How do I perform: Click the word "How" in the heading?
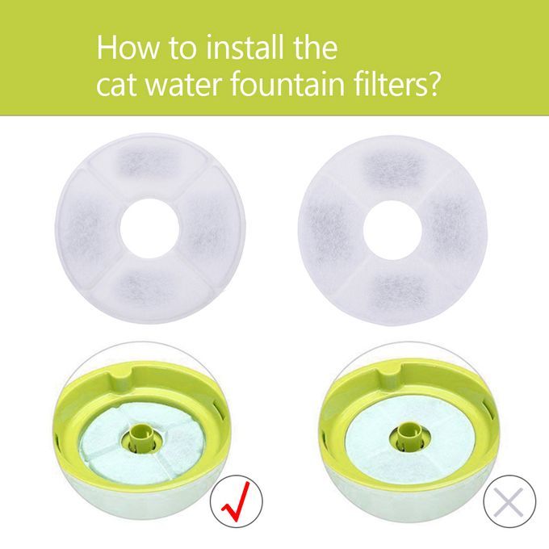(127, 47)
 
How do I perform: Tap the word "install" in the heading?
(245, 47)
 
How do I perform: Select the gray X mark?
(509, 501)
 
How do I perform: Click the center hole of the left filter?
(150, 228)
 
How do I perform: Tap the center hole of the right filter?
(392, 230)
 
